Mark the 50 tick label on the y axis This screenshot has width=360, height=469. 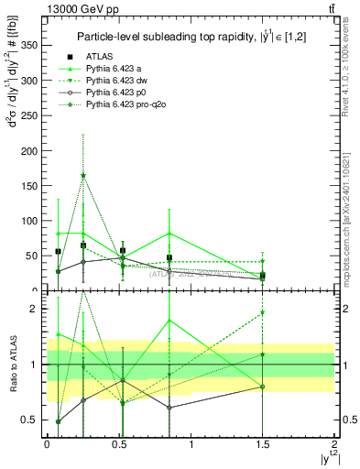point(31,255)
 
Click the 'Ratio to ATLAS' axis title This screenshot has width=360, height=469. point(12,364)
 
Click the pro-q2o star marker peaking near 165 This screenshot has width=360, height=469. point(83,175)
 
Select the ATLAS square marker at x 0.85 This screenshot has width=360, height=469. point(169,257)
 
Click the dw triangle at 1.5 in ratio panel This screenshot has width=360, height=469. point(263,313)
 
